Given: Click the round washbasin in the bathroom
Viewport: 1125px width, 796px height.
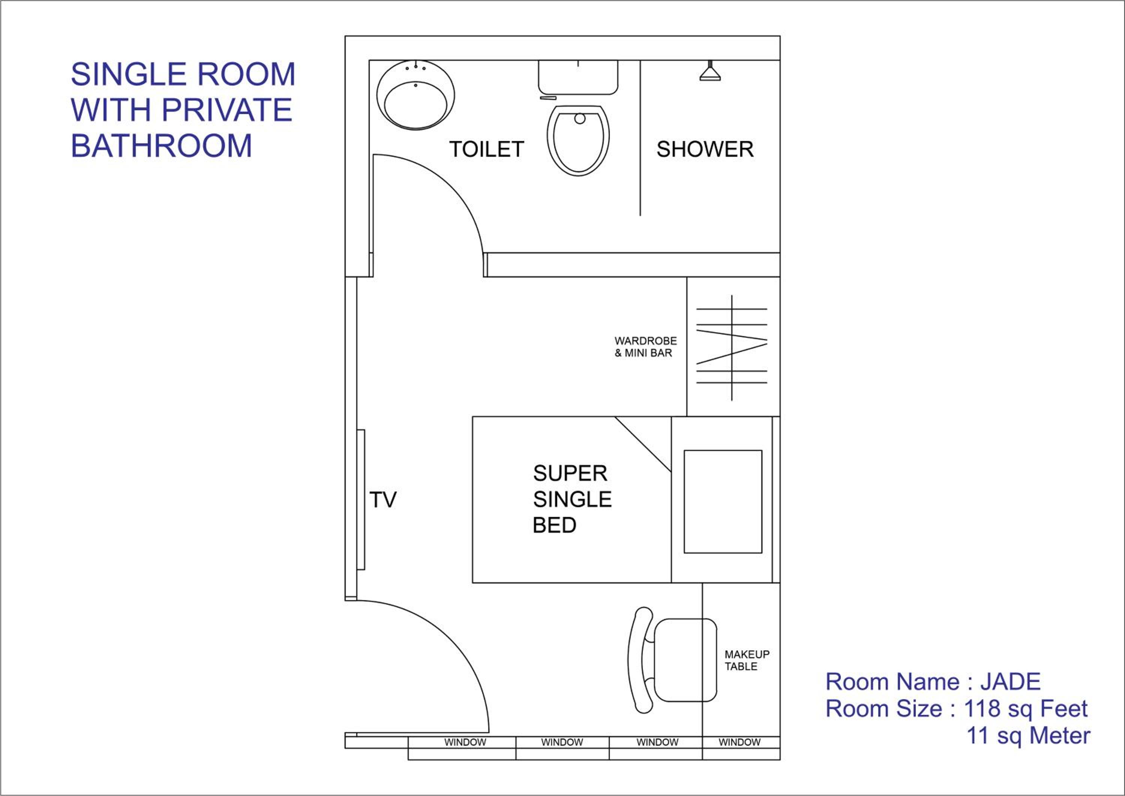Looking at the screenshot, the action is [x=415, y=96].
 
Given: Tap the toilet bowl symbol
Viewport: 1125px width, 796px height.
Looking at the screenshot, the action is [x=579, y=141].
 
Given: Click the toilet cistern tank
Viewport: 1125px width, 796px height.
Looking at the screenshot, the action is [x=578, y=77].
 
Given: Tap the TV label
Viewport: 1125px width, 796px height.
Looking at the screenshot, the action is [x=382, y=500].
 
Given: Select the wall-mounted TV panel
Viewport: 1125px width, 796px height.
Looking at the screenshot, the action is [x=361, y=499].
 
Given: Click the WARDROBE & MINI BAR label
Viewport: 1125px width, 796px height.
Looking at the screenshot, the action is [x=646, y=347].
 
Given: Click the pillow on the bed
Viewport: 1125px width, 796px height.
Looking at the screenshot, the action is [x=723, y=502].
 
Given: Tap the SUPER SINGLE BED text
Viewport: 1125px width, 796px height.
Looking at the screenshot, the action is [x=572, y=499].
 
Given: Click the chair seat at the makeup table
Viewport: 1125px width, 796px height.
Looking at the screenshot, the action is [x=685, y=660].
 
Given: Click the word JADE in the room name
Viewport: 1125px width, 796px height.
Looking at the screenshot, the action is [x=1010, y=682].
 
